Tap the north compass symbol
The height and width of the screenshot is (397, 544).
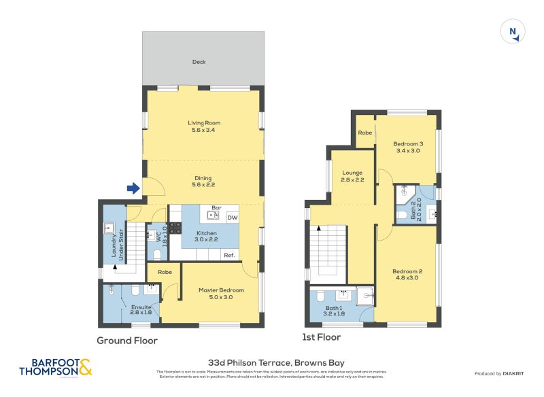point(513,32)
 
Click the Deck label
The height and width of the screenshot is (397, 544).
point(199,62)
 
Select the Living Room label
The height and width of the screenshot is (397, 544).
point(204,126)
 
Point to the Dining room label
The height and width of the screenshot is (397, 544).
point(204,179)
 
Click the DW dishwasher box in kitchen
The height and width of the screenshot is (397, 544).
point(232,218)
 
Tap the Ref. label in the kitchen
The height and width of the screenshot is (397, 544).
point(230,255)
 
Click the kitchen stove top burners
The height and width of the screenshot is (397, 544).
point(175,228)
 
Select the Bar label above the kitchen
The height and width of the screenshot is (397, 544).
point(217,208)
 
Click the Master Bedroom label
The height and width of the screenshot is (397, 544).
point(216,294)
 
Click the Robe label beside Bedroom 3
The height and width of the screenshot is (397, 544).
point(365,133)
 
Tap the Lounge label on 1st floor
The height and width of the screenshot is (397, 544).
point(352,176)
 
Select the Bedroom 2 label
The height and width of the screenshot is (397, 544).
point(407,275)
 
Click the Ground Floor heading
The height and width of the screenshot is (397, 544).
point(127,341)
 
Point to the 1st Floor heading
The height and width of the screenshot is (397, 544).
point(321,336)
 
